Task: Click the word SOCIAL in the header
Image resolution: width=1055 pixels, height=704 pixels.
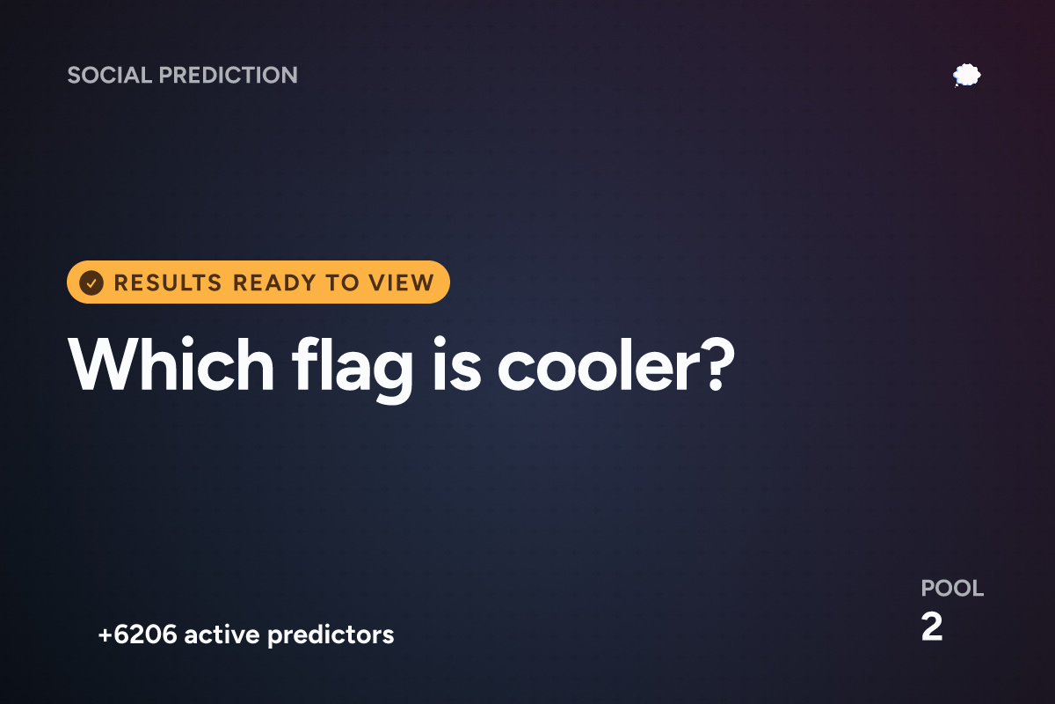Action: tap(110, 75)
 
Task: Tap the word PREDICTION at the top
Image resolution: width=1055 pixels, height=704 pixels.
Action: tap(229, 75)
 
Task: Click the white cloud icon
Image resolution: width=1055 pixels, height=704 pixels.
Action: tap(966, 76)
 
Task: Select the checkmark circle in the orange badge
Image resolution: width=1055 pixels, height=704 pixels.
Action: tap(91, 283)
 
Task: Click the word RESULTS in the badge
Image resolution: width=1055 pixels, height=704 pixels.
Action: tap(168, 283)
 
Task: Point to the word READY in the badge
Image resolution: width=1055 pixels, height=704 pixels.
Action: tap(274, 283)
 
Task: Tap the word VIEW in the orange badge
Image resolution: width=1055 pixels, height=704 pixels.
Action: tap(401, 283)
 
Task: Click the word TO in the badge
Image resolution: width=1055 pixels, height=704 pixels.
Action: tap(342, 283)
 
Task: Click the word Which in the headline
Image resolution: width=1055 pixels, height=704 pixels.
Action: tap(171, 364)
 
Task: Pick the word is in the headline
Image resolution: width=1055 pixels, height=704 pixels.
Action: tap(457, 364)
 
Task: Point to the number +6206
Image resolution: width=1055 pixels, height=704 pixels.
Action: tap(137, 634)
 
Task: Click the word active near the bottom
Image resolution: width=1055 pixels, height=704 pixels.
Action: tap(222, 634)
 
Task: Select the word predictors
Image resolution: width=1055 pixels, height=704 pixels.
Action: tap(331, 635)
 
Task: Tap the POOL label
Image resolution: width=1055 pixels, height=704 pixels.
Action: tap(952, 589)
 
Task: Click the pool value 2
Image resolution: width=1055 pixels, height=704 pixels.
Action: tap(932, 627)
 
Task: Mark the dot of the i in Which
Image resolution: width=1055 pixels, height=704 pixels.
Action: tap(188, 341)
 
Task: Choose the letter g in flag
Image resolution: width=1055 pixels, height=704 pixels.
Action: tap(390, 377)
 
